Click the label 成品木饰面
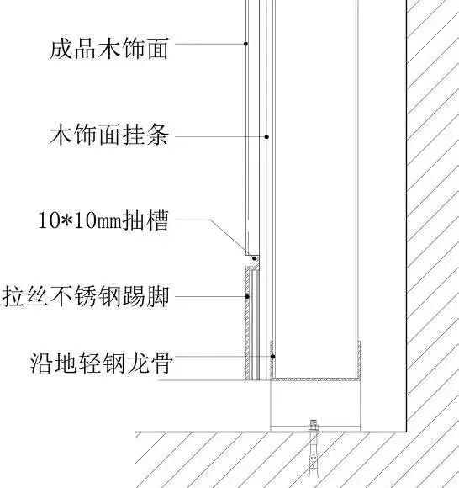click(x=109, y=48)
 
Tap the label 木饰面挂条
click(x=109, y=134)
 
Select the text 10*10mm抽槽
click(x=103, y=220)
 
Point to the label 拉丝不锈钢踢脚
click(x=86, y=296)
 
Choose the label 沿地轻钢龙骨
click(x=101, y=363)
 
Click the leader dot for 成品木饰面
click(x=245, y=44)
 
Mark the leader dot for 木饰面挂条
click(x=266, y=136)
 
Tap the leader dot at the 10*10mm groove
click(x=255, y=258)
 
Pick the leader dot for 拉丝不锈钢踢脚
click(x=247, y=296)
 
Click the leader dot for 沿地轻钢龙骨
click(x=272, y=357)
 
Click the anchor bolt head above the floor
click(x=314, y=425)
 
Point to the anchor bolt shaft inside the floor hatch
click(x=314, y=454)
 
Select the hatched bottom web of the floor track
click(x=315, y=379)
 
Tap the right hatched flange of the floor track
click(x=359, y=361)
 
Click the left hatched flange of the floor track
click(x=272, y=361)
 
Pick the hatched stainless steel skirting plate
click(x=247, y=324)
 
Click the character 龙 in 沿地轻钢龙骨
click(x=139, y=363)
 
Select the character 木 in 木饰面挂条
click(x=61, y=134)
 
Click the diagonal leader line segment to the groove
click(x=229, y=236)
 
